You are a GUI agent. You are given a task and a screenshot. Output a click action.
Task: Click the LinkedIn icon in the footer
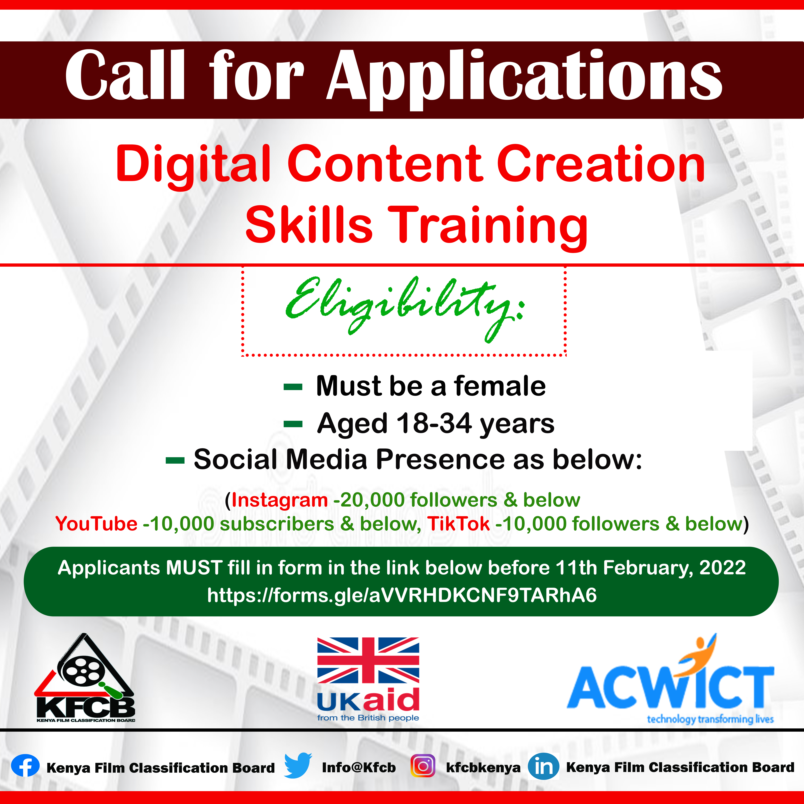coord(543,766)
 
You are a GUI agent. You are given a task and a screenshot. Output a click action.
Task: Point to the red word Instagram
coord(280,500)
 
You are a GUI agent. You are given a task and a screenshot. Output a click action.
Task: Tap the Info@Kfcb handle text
coord(359,767)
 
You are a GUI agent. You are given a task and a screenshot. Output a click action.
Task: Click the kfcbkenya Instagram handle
coord(483,767)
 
